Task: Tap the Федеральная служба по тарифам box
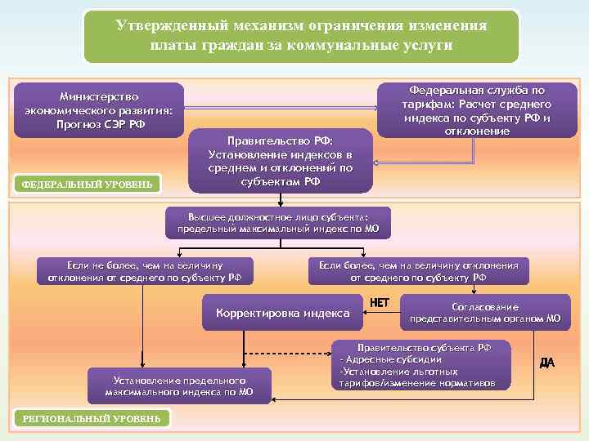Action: coord(476,110)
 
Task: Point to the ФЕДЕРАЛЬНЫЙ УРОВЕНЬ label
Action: coord(88,184)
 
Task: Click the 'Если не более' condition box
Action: coord(145,271)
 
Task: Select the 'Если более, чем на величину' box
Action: coord(418,271)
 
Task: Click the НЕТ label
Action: coord(380,303)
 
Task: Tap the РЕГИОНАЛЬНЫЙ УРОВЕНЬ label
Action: coord(92,418)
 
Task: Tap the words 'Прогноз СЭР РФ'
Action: coord(99,124)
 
